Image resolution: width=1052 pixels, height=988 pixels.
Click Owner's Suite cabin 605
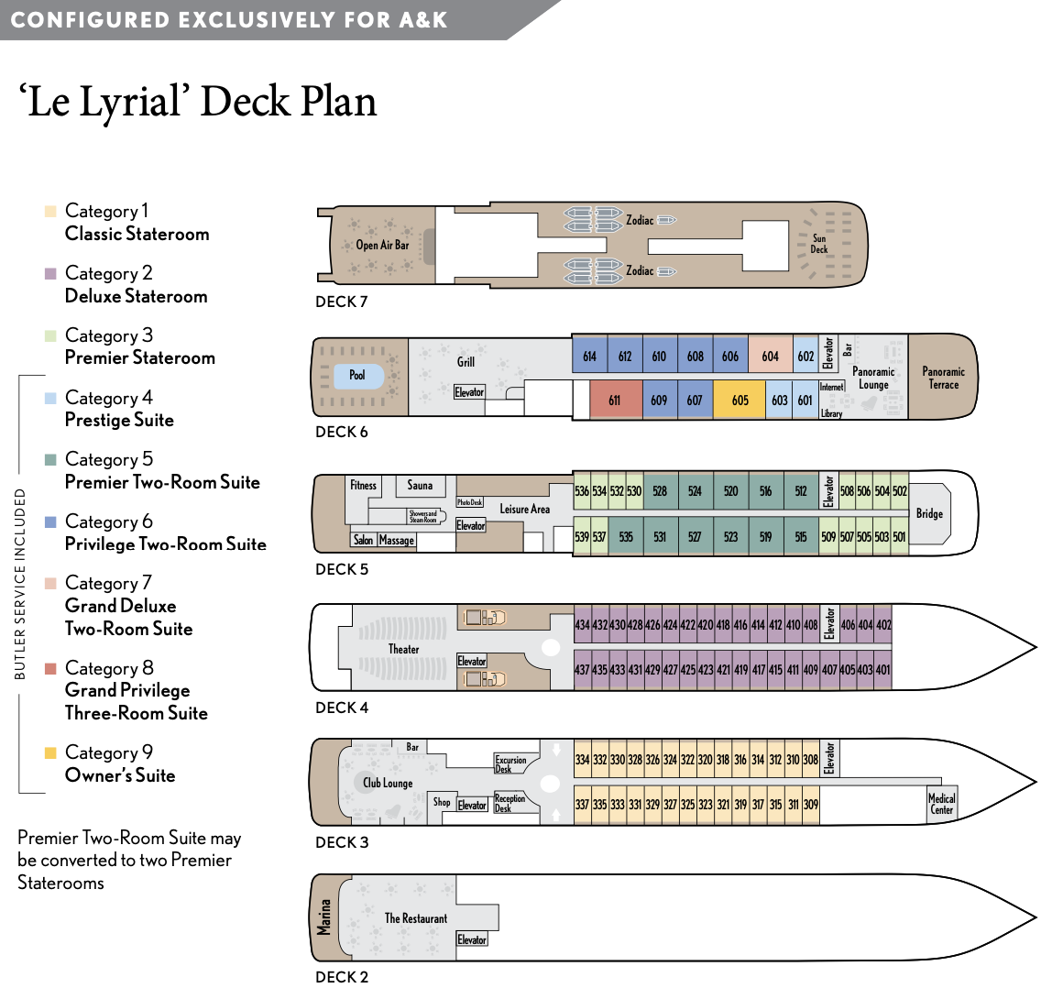(x=740, y=400)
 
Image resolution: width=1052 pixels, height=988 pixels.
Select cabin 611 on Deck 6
(x=615, y=400)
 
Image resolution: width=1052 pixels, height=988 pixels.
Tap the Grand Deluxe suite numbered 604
(x=771, y=357)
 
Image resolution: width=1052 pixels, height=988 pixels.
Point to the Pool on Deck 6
(x=357, y=375)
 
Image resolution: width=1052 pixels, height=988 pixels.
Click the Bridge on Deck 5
(x=929, y=513)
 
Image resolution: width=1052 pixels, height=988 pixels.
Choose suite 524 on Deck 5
(x=696, y=491)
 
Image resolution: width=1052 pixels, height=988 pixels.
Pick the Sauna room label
(x=420, y=486)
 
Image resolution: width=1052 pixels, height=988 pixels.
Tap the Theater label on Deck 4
(x=403, y=649)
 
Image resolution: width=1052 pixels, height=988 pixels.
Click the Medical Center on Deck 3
(x=942, y=804)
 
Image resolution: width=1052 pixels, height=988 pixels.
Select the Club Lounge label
(x=388, y=783)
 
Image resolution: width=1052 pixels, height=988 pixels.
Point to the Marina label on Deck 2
(x=323, y=917)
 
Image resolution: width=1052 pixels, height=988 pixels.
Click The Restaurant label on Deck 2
(x=416, y=917)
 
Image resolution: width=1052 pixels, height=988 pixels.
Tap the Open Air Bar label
(x=382, y=245)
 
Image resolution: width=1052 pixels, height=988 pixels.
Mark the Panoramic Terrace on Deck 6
(x=944, y=378)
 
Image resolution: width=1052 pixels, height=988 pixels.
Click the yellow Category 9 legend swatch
(x=50, y=753)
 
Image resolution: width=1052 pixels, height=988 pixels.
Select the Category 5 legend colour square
(x=50, y=460)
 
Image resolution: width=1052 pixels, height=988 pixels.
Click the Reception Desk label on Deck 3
(x=510, y=803)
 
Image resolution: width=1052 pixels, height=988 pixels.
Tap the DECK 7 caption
(x=341, y=302)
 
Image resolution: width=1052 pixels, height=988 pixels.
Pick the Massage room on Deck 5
(x=397, y=541)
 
